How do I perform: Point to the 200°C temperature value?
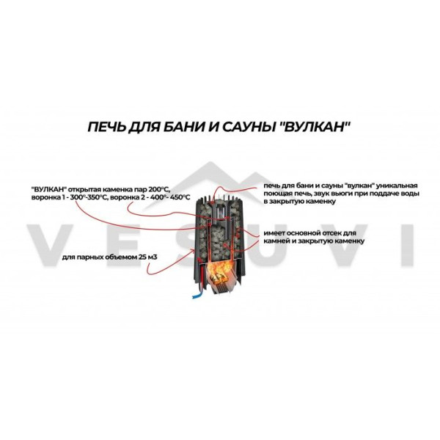coord(160,188)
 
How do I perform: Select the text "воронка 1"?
coord(49,197)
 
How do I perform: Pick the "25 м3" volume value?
coord(147,257)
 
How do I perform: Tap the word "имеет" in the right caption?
coord(274,233)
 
